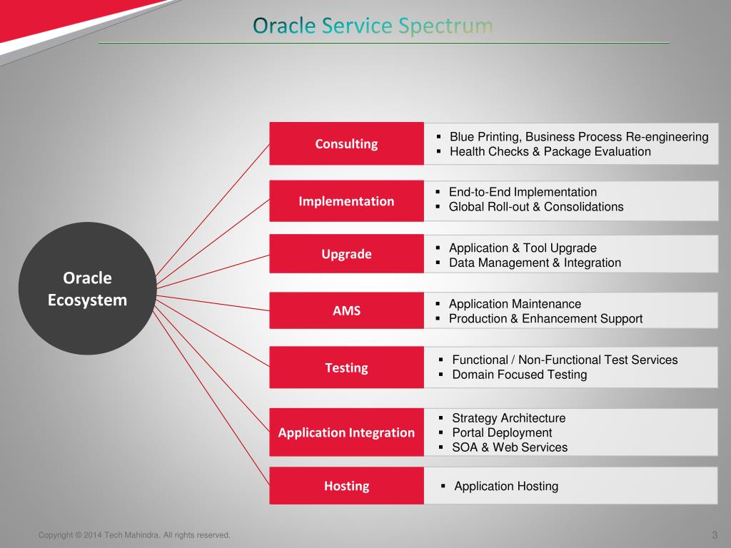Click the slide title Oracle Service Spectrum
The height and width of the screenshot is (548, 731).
(373, 26)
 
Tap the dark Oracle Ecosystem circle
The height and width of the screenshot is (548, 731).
(87, 288)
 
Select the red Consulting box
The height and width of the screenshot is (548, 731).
(346, 143)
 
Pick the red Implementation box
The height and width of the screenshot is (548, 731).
(346, 201)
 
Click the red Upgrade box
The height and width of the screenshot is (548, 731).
(346, 253)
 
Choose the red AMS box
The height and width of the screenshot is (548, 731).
(346, 310)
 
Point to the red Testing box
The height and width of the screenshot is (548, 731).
(346, 367)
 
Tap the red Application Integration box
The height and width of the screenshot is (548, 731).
(346, 432)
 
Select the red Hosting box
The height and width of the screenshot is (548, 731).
(346, 485)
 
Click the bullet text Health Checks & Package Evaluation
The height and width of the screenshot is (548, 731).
(550, 151)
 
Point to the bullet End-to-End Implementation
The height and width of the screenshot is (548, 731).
(523, 192)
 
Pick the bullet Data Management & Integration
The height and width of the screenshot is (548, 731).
(535, 263)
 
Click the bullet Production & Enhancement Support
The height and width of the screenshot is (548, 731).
(545, 319)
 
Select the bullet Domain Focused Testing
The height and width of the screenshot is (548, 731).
(520, 375)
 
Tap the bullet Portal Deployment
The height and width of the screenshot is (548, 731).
(502, 433)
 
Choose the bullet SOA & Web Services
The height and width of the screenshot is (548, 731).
(510, 447)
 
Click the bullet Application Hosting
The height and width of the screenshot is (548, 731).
(506, 486)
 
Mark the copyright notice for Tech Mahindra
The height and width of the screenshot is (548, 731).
(134, 535)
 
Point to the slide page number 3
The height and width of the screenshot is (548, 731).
(715, 535)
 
